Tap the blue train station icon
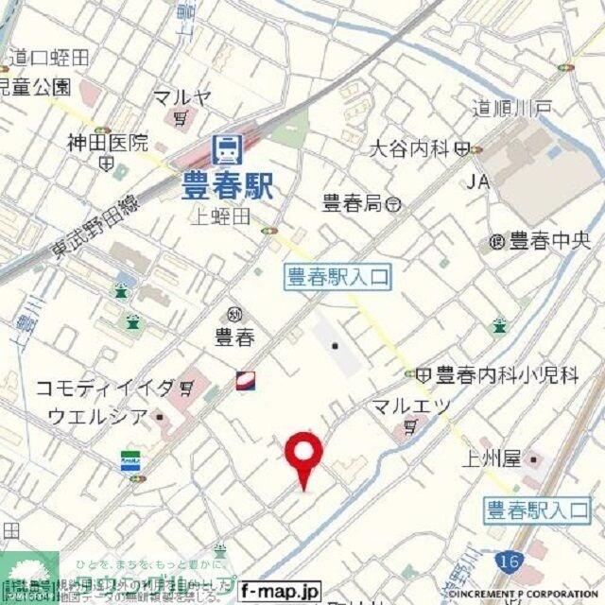click(229, 149)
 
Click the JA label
click(476, 181)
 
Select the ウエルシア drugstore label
click(97, 416)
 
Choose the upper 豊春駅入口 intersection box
click(337, 276)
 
